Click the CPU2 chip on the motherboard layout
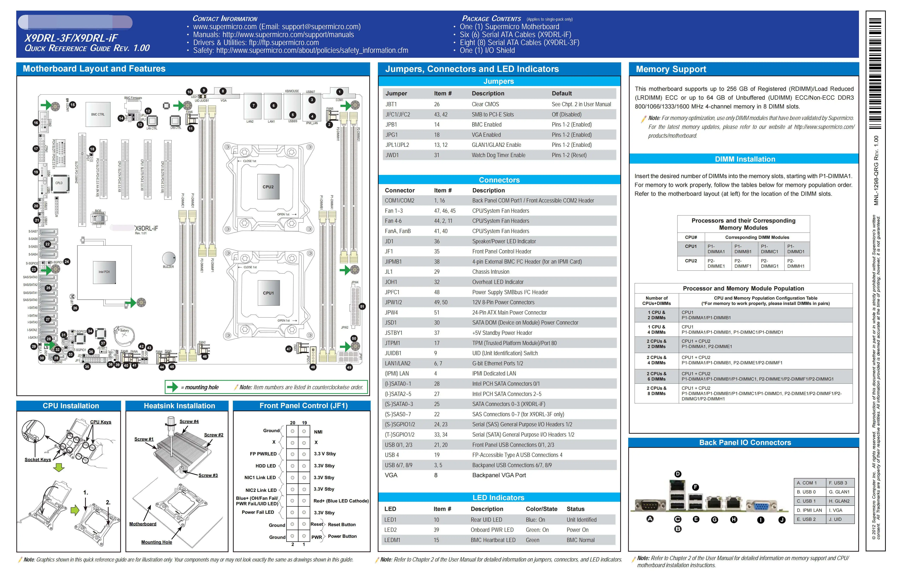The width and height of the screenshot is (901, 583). click(268, 187)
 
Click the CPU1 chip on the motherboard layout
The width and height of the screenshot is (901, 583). click(268, 293)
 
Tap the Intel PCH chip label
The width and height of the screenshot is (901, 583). click(104, 272)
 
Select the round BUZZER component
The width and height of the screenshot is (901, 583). click(169, 259)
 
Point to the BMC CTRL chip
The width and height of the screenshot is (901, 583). click(98, 114)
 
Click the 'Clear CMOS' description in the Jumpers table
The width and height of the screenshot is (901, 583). click(485, 104)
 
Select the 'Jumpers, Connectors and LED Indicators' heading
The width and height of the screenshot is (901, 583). click(472, 69)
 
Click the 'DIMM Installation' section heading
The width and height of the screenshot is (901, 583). click(745, 159)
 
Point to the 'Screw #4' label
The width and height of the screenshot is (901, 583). click(189, 421)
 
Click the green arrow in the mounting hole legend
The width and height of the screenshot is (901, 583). click(173, 387)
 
